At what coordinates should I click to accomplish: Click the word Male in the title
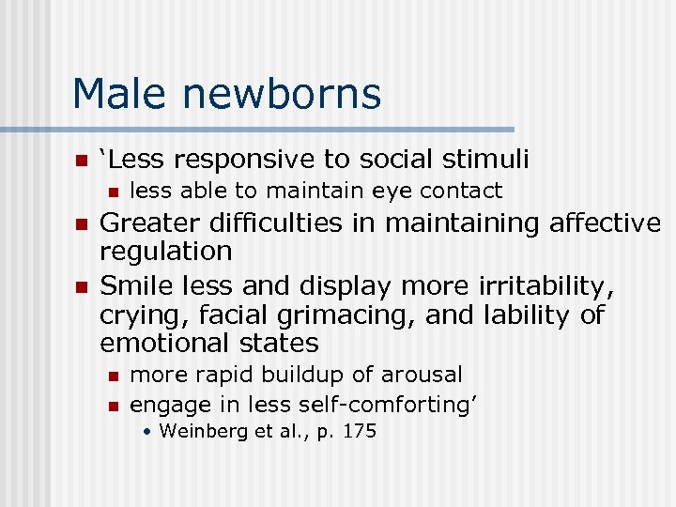tap(120, 94)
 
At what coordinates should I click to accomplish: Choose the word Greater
tap(149, 223)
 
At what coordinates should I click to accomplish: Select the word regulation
tap(165, 252)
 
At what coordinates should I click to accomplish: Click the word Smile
tap(136, 285)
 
